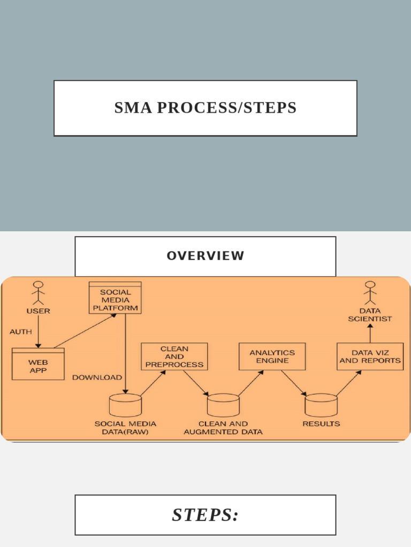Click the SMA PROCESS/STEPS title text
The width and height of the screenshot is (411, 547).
coord(205,108)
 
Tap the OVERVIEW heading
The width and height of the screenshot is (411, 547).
coord(205,256)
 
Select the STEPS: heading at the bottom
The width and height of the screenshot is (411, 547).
coord(205,515)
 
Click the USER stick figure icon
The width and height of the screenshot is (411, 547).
coord(37,293)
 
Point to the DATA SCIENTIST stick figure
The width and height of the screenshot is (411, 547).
coord(370,293)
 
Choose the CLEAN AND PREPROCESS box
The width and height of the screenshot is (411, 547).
coord(174,356)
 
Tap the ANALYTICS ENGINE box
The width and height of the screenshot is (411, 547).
coord(272,356)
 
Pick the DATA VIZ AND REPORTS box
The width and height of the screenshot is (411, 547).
coord(370,356)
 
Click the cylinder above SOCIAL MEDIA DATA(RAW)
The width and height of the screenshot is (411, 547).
coord(125,405)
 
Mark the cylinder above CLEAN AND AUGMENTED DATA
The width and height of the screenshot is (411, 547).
coord(223,405)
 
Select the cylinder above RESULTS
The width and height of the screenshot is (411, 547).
coord(321,405)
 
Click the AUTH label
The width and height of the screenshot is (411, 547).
coord(20,332)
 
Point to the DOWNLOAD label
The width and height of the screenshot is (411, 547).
coord(97,377)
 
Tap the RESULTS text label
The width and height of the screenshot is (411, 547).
coord(321,424)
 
